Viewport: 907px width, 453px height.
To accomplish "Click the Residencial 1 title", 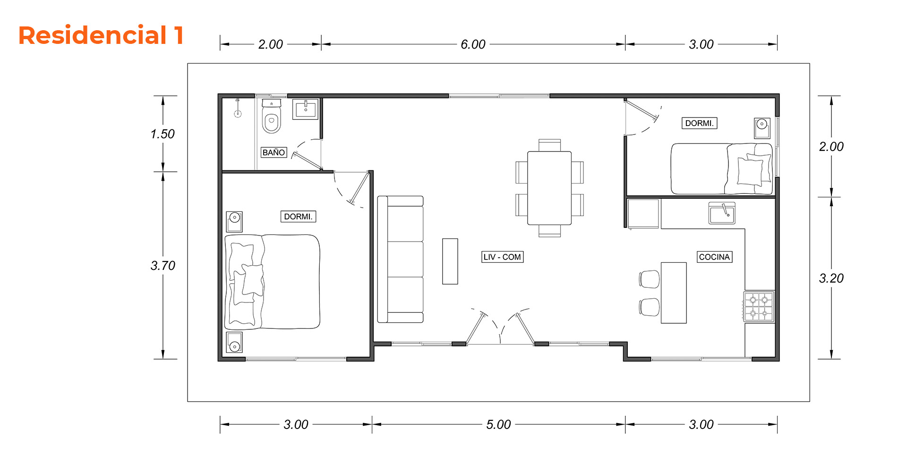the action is tap(101, 35).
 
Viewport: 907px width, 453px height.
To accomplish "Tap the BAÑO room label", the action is tap(274, 152).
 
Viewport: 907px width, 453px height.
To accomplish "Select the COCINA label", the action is tap(715, 257).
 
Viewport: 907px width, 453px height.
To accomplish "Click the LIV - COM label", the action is tap(502, 257).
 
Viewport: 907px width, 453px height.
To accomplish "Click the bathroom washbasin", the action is tap(306, 109).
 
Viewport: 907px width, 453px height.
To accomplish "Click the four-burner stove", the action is tap(759, 307).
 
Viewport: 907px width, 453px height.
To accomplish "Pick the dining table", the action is tap(549, 188).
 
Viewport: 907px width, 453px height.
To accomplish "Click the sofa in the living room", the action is tap(400, 260).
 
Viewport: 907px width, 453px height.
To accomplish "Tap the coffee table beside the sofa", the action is tap(450, 261).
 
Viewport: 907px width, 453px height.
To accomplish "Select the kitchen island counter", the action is tap(674, 293).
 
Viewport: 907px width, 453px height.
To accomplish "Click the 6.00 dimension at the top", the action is tap(473, 44).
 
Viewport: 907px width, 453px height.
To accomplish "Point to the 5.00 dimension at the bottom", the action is tap(498, 425).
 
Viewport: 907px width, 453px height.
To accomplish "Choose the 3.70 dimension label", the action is tap(163, 266).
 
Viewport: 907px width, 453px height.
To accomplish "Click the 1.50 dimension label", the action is tap(163, 134).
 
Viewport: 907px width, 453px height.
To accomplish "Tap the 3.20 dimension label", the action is tap(831, 278).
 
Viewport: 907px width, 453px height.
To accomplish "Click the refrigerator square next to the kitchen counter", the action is tap(643, 214).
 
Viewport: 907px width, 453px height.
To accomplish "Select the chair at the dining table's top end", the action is tap(549, 145).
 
